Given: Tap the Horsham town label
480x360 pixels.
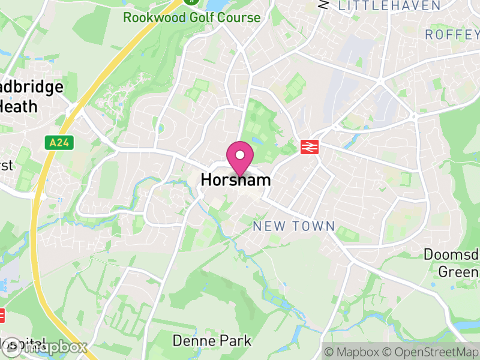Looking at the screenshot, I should (236, 180).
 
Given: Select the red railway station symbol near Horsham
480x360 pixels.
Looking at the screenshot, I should (310, 147).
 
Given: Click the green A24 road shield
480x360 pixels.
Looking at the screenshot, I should (56, 142).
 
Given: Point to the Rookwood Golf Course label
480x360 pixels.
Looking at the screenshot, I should (192, 17).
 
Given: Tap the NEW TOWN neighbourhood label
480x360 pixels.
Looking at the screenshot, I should (293, 226).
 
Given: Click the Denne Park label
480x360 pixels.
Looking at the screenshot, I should (212, 341).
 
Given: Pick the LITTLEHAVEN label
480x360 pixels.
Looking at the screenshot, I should (389, 5).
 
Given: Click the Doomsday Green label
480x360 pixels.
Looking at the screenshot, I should (451, 263).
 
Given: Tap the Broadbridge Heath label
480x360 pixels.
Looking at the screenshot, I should (30, 97).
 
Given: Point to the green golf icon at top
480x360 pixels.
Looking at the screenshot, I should (191, 1).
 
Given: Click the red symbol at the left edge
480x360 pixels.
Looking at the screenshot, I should (2, 314).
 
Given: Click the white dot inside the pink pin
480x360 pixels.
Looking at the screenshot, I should (240, 155).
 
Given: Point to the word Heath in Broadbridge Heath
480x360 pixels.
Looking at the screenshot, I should (18, 107).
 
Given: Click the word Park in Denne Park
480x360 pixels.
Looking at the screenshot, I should (235, 341).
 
